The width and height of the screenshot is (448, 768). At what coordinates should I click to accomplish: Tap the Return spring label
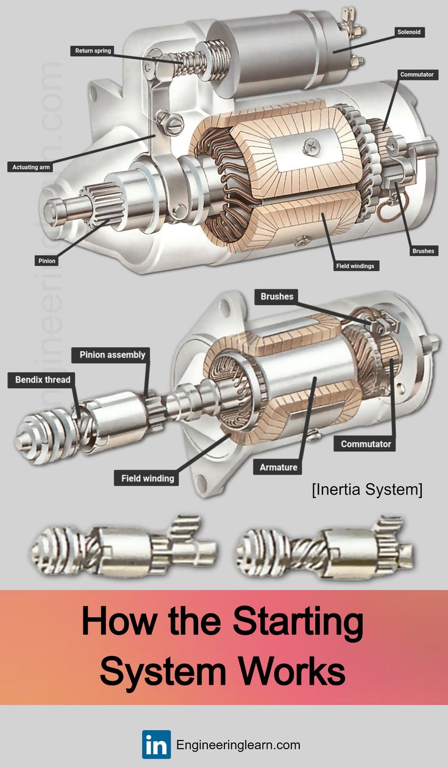(x=93, y=51)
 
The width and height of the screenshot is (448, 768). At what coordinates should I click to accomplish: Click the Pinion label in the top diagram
(x=46, y=261)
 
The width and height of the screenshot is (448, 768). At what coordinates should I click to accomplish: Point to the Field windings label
(x=355, y=266)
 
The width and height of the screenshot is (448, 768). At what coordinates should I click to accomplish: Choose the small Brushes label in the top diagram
(x=423, y=250)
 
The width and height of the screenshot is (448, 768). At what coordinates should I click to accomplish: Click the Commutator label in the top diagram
(x=417, y=74)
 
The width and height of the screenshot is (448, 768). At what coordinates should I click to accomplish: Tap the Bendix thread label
(x=43, y=379)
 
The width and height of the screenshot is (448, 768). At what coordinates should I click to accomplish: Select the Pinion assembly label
(x=112, y=354)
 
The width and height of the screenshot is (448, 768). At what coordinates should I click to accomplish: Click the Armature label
(x=279, y=467)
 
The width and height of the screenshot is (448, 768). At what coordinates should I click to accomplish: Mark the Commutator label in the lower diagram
(x=366, y=444)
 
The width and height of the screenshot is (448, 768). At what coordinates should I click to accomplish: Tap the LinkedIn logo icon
(x=156, y=744)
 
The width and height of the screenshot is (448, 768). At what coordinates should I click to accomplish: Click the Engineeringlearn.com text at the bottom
(x=238, y=745)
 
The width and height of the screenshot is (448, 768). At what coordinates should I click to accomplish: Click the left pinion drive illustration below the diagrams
(x=122, y=546)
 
